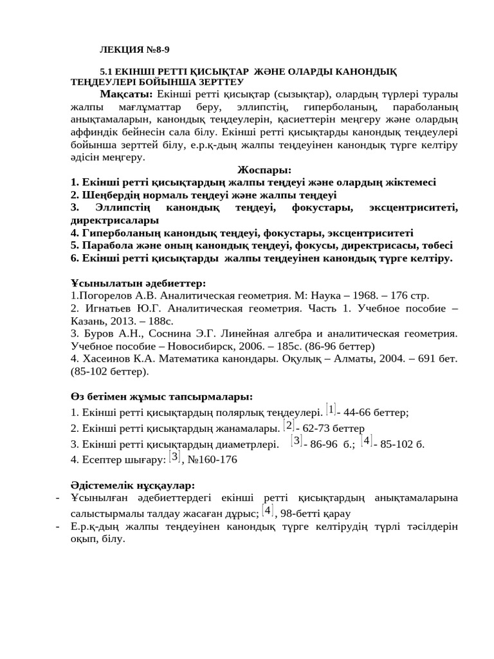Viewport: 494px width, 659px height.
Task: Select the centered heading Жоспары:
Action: [264, 171]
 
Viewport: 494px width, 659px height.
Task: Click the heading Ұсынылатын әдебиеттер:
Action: [138, 283]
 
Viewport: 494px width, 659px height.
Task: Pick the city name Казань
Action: [89, 320]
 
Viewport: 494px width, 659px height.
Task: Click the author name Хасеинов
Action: [110, 358]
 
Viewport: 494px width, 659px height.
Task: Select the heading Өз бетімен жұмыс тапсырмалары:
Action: [161, 396]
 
